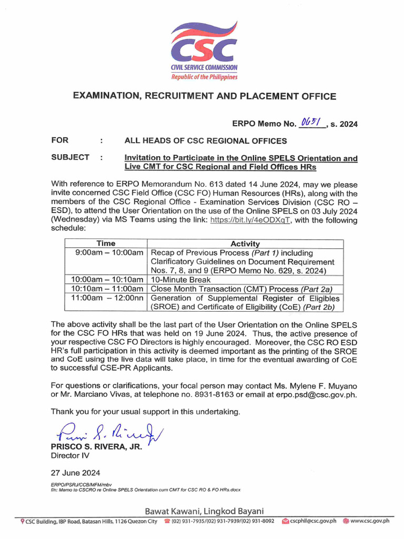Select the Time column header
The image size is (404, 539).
[x=106, y=244]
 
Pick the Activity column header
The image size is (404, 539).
[x=245, y=244]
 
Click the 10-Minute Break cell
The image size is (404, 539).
[x=181, y=280]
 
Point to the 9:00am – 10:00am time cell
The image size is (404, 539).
[x=109, y=253]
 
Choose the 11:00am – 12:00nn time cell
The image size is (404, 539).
[x=107, y=298]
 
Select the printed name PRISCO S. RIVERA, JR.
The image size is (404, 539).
[x=96, y=446]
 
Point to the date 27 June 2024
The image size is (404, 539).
[x=75, y=473]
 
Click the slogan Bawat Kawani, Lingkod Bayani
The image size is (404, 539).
[x=204, y=511]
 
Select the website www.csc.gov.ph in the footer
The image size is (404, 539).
[x=370, y=521]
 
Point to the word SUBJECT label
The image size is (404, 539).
[x=70, y=157]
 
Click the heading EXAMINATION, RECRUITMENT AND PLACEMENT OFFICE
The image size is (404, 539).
[x=204, y=96]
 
